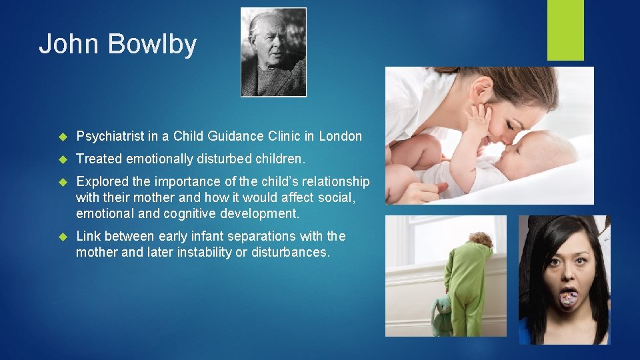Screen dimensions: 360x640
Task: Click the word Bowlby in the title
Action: point(152,45)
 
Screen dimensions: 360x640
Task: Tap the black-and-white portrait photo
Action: point(273,52)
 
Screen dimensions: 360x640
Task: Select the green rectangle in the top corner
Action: point(565,30)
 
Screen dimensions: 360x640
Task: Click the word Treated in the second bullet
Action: point(99,159)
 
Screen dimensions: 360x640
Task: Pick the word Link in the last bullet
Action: point(88,237)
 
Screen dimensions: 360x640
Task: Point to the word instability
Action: point(197,253)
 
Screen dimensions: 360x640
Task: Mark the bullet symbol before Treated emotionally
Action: point(64,159)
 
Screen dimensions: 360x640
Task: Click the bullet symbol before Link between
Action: point(64,237)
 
